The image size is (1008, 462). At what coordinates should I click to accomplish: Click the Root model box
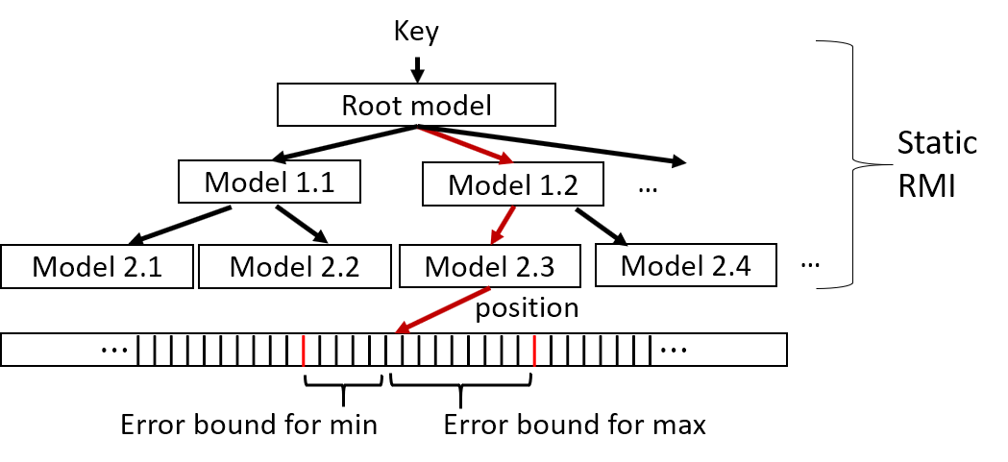click(416, 105)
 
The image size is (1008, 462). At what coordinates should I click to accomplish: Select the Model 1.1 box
click(269, 182)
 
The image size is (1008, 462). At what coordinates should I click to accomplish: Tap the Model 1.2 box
click(513, 184)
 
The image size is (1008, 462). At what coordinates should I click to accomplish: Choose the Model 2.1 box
click(97, 266)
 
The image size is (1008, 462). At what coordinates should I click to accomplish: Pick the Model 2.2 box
click(294, 266)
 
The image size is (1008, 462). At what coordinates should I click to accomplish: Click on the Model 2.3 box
click(489, 266)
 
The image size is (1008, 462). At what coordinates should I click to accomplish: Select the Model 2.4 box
click(685, 265)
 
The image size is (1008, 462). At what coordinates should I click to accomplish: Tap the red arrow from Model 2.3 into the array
click(441, 311)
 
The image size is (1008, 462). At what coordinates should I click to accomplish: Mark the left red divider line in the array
click(303, 351)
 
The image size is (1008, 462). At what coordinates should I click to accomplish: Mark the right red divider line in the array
click(534, 351)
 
